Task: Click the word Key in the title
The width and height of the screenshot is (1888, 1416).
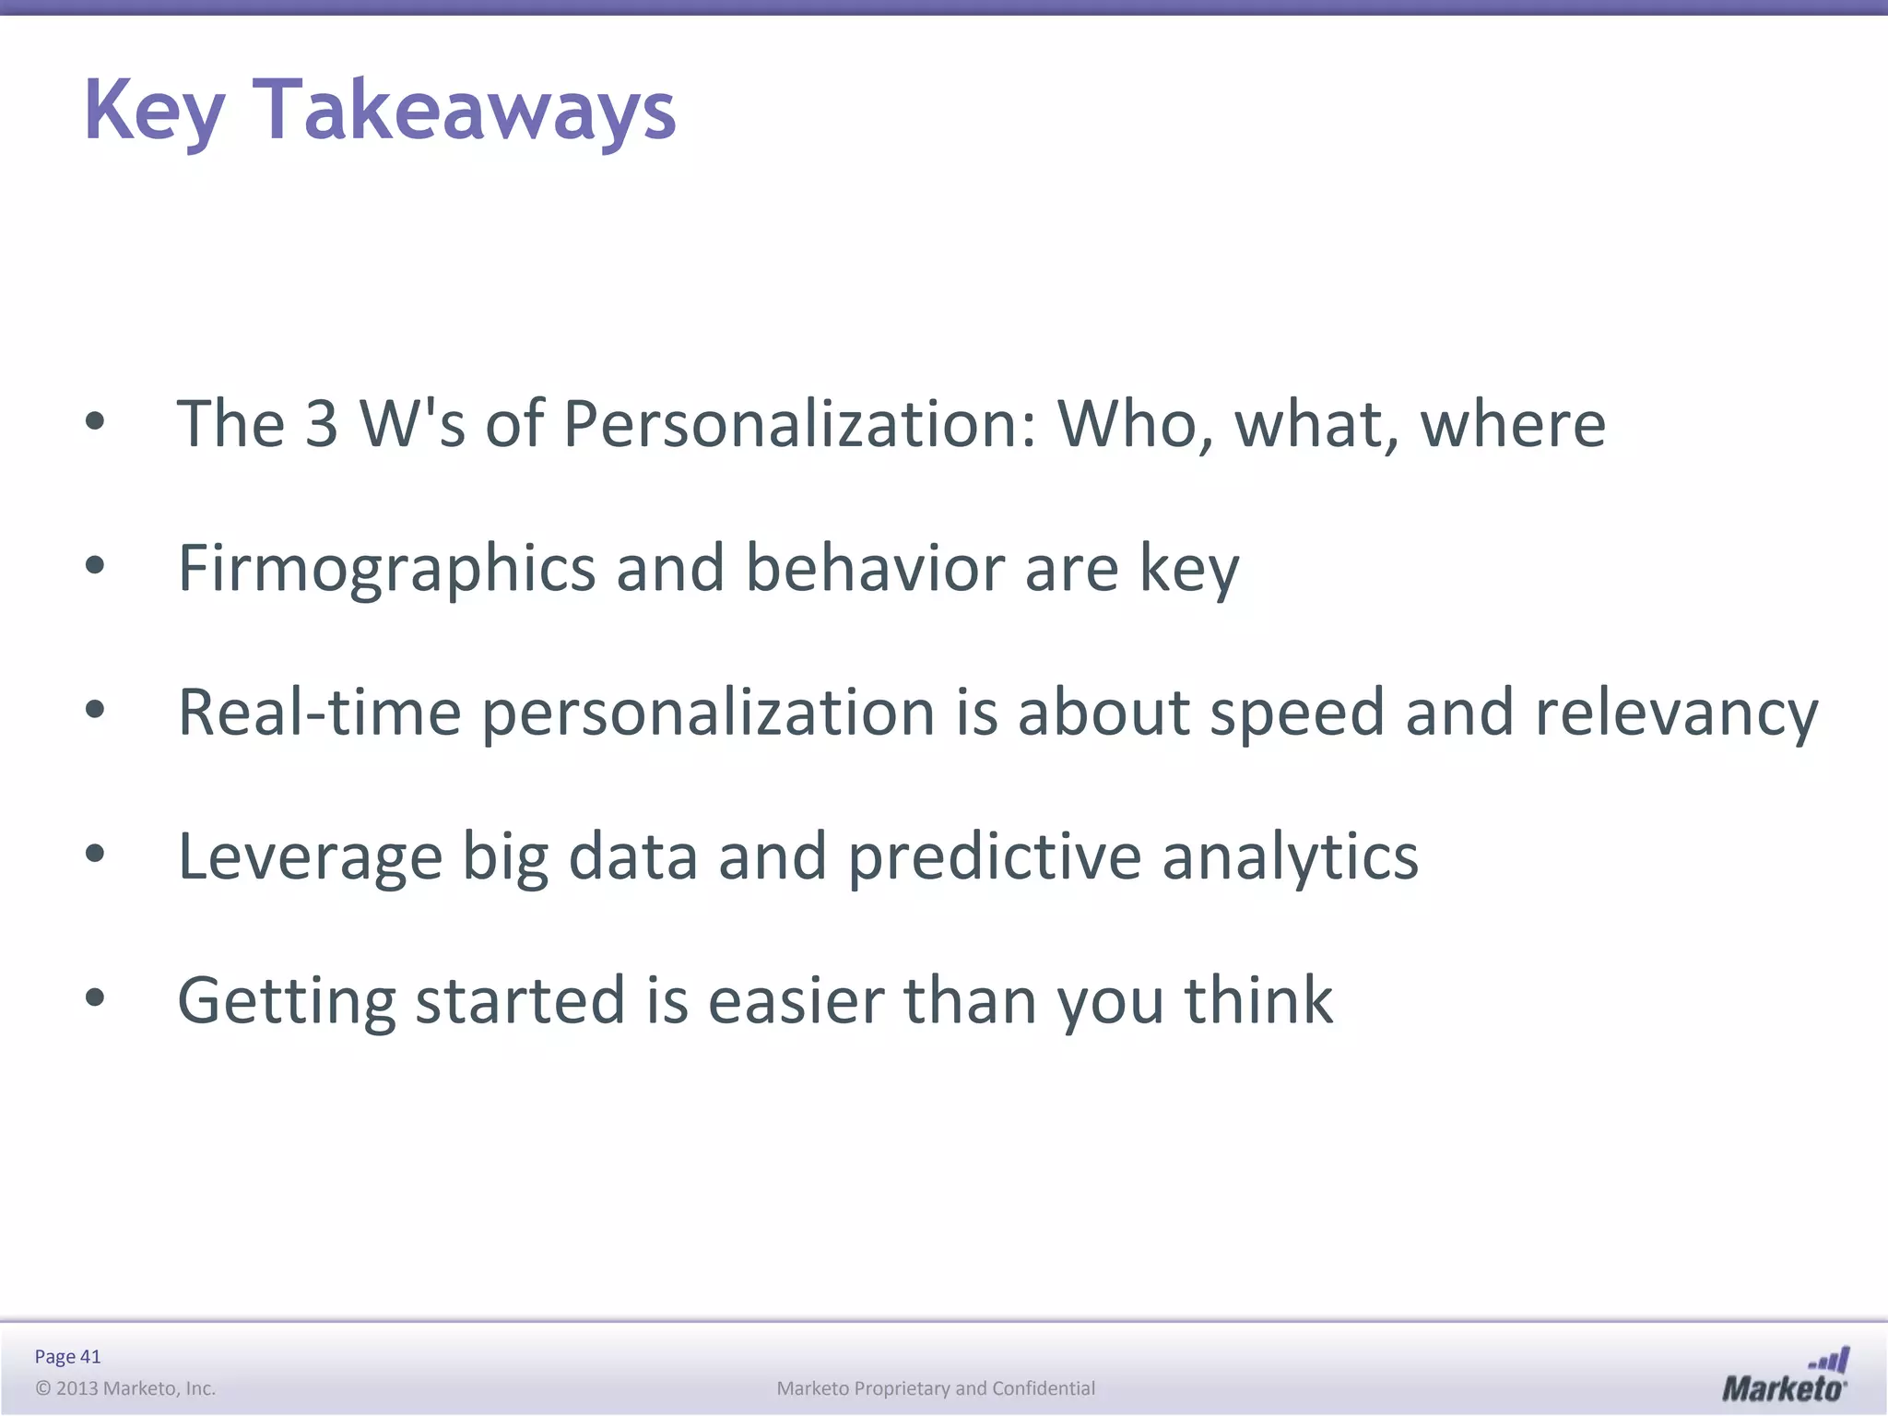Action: tap(154, 111)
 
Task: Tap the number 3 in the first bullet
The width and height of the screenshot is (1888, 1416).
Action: tap(321, 424)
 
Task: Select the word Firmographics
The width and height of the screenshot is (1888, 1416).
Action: tap(386, 569)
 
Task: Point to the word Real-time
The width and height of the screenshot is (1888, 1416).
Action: tap(319, 713)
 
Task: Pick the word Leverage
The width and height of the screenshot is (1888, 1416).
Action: tap(310, 857)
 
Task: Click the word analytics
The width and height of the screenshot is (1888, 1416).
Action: tap(1290, 857)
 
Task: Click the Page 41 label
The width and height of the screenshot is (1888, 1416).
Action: tap(67, 1356)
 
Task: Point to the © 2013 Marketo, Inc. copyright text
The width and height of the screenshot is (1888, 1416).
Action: tap(125, 1388)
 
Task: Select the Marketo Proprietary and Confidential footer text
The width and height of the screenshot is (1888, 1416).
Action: tap(936, 1388)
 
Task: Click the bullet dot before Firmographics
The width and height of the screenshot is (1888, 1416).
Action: tap(95, 565)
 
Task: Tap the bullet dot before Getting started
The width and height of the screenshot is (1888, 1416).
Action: tap(95, 997)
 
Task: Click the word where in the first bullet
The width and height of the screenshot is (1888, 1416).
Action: tap(1513, 424)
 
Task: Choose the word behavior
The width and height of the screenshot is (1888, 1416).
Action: tap(875, 569)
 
